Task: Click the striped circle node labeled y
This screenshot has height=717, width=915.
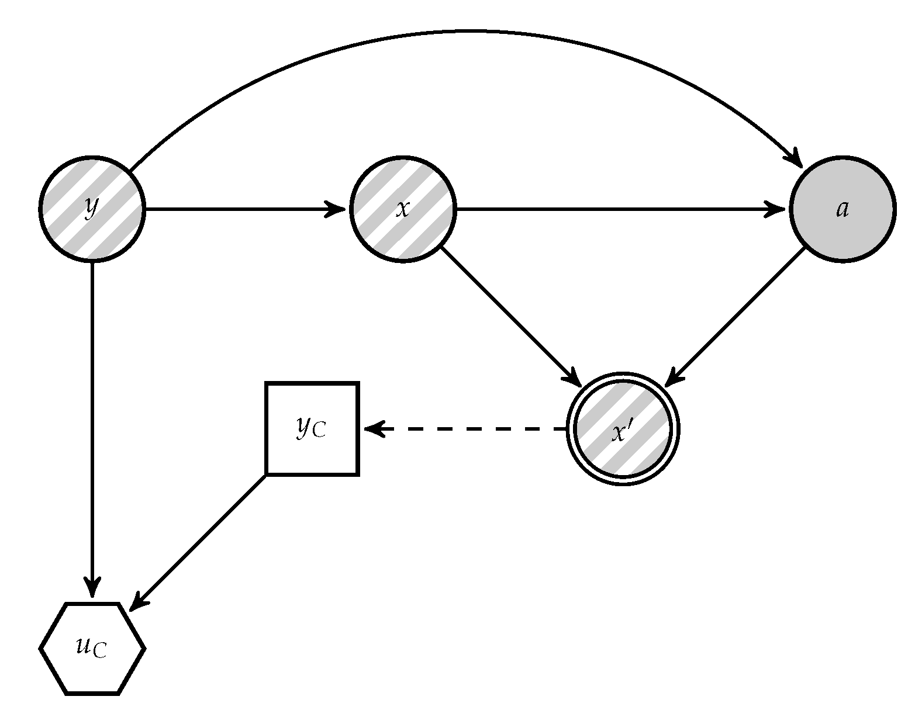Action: (x=92, y=209)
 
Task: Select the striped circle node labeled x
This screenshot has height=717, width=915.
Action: (x=403, y=209)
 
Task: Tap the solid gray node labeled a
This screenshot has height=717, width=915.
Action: (x=843, y=209)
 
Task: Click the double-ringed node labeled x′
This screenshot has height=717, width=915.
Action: (x=623, y=429)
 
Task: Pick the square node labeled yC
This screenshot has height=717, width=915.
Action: (x=312, y=429)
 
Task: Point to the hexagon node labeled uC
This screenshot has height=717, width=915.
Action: (x=92, y=648)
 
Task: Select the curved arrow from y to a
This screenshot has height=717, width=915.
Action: (x=468, y=31)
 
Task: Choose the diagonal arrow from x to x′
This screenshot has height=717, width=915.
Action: (x=509, y=316)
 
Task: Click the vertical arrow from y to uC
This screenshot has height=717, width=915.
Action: (x=92, y=421)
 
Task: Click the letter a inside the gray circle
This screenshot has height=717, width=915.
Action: (x=843, y=209)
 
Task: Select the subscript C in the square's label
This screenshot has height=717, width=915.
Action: (x=319, y=432)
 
